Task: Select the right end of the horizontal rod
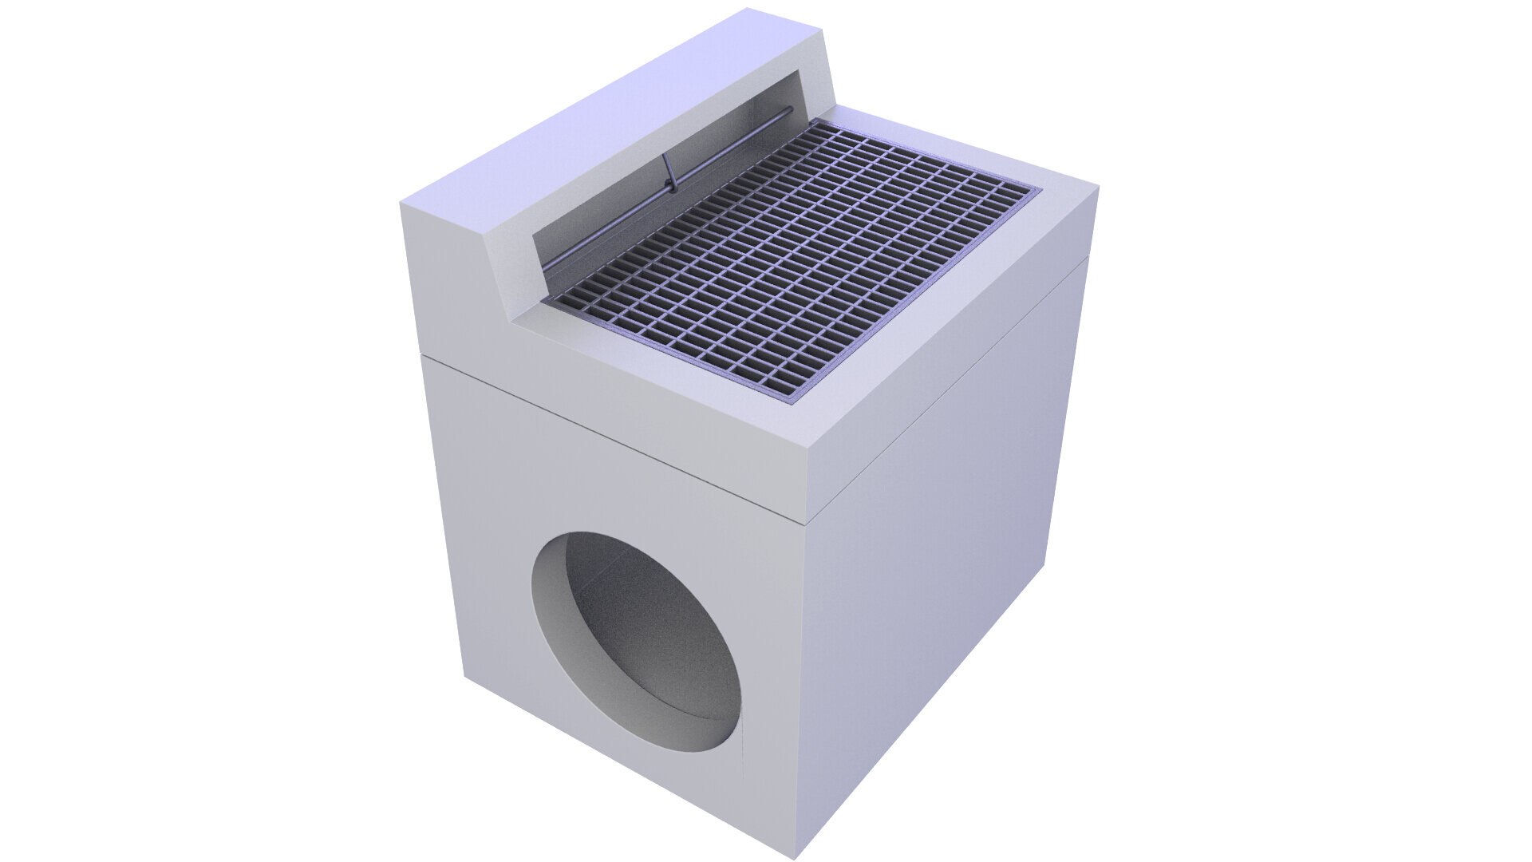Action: point(790,111)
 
